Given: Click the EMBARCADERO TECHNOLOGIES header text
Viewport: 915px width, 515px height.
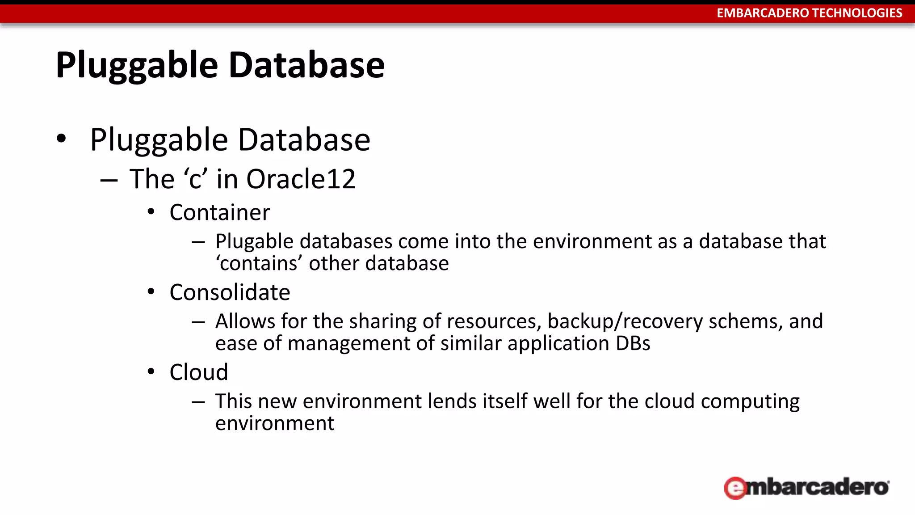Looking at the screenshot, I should pyautogui.click(x=809, y=13).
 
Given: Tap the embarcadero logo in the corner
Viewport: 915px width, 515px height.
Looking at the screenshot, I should pyautogui.click(x=806, y=487).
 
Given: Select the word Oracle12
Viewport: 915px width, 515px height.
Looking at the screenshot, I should pyautogui.click(x=301, y=179).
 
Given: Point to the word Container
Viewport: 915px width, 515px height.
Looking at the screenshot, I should pyautogui.click(x=220, y=212).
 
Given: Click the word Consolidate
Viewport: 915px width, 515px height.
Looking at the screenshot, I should pyautogui.click(x=230, y=292).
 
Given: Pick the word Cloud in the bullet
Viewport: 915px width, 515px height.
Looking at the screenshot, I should pyautogui.click(x=199, y=372).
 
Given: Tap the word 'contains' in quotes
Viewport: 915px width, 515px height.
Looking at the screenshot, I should pyautogui.click(x=259, y=263).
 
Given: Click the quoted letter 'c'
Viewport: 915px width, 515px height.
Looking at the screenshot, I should pyautogui.click(x=196, y=179).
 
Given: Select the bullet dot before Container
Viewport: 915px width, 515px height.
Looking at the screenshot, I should pyautogui.click(x=151, y=212).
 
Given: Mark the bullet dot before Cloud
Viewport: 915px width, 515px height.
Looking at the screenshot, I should pyautogui.click(x=151, y=372).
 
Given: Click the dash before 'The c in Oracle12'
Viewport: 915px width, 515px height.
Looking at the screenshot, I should pyautogui.click(x=109, y=180).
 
